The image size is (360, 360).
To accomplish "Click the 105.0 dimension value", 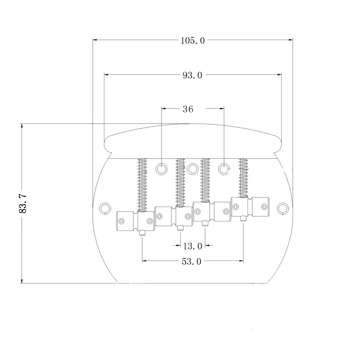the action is tap(193, 41).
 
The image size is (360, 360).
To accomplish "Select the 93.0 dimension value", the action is tap(193, 75).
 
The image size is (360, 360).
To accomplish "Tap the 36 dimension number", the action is tap(188, 109).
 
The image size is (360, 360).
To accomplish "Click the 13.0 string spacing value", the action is tap(193, 246).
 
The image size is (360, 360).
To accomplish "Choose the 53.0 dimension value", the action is tap(192, 261).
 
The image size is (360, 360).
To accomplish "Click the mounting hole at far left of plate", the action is tap(105, 208).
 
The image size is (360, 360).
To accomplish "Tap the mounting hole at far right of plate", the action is tap(283, 208).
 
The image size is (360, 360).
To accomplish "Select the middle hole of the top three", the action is tap(193, 169).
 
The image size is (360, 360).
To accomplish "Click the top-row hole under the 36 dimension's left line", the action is tap(162, 169).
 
